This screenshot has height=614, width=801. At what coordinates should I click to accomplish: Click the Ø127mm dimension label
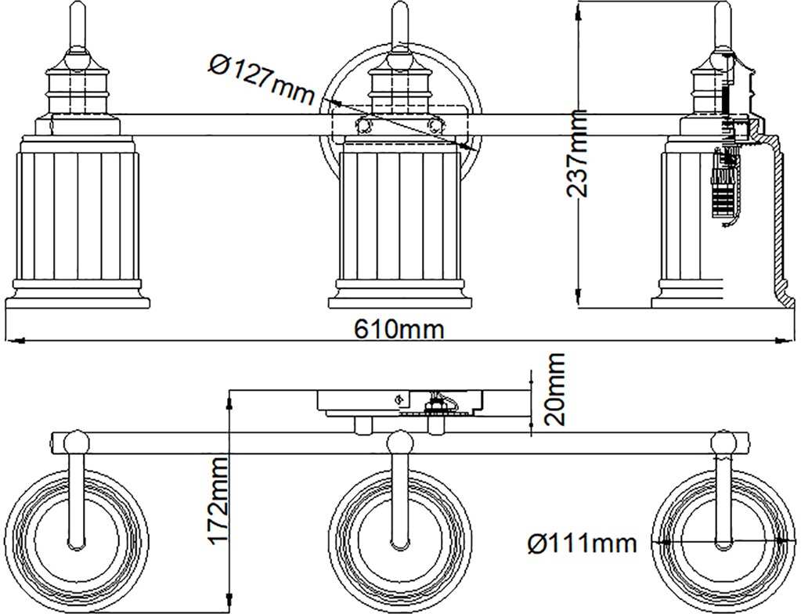tap(261, 79)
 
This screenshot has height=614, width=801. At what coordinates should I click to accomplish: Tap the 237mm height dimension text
tap(577, 153)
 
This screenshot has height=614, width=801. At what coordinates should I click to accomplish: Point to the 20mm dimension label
tap(555, 388)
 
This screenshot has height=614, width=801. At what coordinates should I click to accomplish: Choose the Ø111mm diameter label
tap(583, 542)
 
